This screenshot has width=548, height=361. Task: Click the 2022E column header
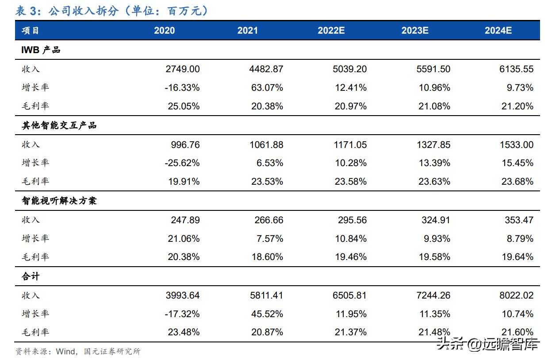click(x=331, y=31)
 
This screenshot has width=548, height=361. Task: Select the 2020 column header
click(x=164, y=31)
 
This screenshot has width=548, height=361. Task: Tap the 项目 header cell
click(x=30, y=31)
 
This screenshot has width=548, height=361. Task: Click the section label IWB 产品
click(x=41, y=50)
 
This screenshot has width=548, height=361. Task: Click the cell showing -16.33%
click(x=182, y=88)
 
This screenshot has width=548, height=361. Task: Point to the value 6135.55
click(x=516, y=69)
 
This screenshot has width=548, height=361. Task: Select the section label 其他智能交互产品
click(x=59, y=125)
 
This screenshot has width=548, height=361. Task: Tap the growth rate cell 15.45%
click(x=517, y=163)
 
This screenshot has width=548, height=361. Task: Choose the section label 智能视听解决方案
click(x=59, y=201)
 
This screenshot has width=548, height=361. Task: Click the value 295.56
click(x=352, y=220)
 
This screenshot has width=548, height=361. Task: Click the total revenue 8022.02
click(x=516, y=295)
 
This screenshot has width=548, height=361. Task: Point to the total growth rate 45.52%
click(x=268, y=314)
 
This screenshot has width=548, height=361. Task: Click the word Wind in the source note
click(x=67, y=352)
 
